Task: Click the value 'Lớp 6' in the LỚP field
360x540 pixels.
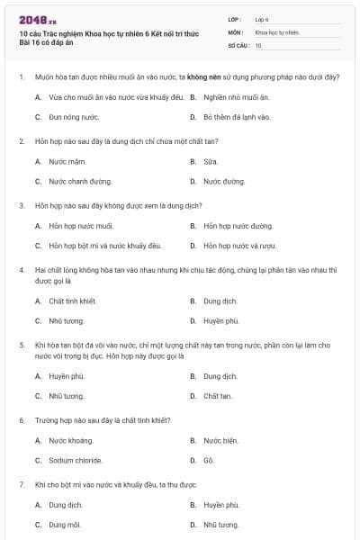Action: [x=262, y=18]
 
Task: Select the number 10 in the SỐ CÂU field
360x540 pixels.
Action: [x=258, y=45]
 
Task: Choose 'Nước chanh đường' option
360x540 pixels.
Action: [x=76, y=181]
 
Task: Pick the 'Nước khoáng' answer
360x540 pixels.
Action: [x=71, y=440]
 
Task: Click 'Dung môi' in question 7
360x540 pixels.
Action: [x=65, y=525]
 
